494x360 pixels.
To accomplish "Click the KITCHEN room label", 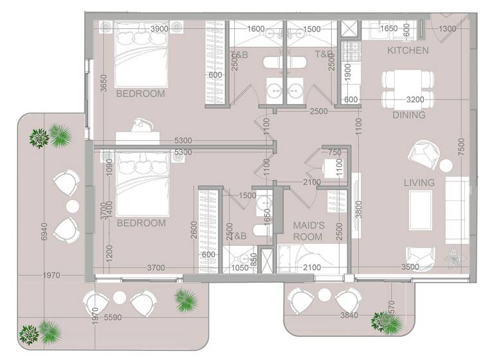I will [408, 50].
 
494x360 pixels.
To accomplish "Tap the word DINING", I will [408, 116].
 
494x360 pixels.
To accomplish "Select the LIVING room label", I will [419, 183].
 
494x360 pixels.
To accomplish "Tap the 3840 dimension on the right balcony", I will [347, 316].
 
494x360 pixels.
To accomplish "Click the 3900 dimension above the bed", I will [160, 29].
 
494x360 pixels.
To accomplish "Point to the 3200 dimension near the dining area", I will [415, 100].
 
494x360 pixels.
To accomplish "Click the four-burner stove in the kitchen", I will [351, 48].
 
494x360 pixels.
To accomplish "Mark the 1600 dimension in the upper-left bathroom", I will [255, 29].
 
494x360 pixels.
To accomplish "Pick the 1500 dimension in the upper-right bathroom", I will [312, 29].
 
